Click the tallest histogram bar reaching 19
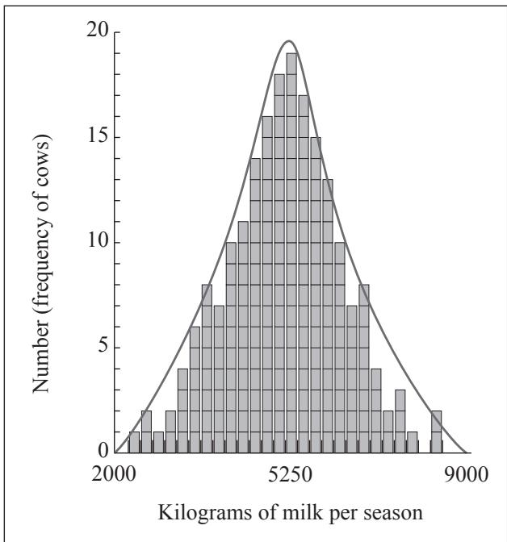(291, 252)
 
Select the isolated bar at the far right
(437, 432)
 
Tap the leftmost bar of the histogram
(134, 442)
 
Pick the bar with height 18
(279, 264)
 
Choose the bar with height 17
(304, 273)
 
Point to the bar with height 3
(400, 421)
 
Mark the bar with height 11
(243, 337)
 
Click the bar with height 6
(195, 390)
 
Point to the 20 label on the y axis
(97, 31)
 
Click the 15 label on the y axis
(98, 136)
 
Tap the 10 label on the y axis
(98, 241)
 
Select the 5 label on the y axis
(103, 346)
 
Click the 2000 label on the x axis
(114, 474)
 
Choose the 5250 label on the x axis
(290, 474)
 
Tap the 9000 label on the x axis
(466, 474)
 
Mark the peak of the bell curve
(289, 41)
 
